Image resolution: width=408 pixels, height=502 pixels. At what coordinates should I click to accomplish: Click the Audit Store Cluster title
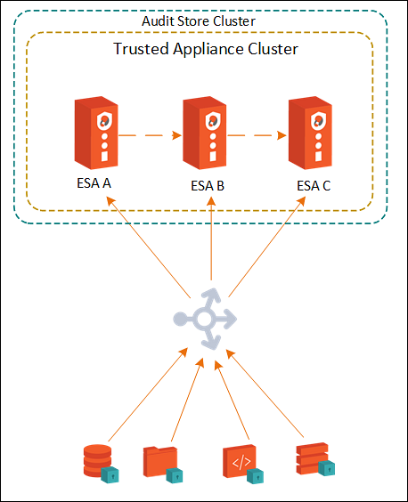click(199, 21)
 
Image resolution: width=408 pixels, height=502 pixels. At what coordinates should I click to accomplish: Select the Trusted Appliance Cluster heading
click(206, 49)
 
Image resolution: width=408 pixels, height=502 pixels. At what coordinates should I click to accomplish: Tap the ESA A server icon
click(96, 133)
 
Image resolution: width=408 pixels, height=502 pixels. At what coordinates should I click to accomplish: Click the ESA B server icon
click(205, 133)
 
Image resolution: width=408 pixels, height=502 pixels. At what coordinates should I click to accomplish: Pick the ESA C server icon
click(310, 133)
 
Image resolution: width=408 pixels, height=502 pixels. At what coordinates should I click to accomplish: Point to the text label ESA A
click(94, 183)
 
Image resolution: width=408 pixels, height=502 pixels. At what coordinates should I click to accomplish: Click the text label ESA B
click(208, 186)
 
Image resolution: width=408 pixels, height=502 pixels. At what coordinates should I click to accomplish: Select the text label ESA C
click(314, 186)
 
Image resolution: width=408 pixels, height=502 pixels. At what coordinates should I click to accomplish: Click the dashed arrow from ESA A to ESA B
click(150, 135)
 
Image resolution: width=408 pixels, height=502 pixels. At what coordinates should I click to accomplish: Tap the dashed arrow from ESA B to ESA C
click(257, 135)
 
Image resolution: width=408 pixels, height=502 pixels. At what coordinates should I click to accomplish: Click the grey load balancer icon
click(205, 319)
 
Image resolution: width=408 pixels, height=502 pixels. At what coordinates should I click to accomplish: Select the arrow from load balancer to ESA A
click(149, 247)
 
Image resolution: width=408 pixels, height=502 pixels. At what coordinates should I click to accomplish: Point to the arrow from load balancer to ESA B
click(211, 239)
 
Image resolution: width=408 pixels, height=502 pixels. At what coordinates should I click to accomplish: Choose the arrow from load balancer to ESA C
click(266, 247)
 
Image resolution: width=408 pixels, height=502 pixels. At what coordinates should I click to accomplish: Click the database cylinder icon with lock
click(101, 463)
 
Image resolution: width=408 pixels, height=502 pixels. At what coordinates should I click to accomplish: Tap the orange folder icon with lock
click(163, 465)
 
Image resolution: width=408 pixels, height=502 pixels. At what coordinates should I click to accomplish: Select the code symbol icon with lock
click(243, 464)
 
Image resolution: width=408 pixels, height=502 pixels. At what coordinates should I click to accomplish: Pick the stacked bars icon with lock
click(315, 459)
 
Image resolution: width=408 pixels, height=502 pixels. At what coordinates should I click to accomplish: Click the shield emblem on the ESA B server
click(213, 121)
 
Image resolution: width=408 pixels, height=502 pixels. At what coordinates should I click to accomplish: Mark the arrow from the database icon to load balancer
click(148, 394)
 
